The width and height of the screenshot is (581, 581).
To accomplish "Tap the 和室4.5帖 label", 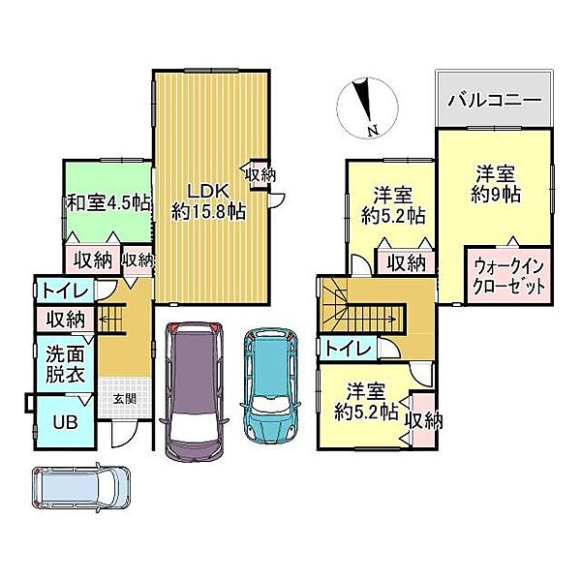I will tap(107, 203).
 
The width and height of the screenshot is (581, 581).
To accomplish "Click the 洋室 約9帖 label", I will tap(499, 184).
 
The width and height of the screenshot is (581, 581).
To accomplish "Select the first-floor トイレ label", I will tap(66, 290).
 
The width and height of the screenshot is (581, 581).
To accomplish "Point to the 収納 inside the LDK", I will tap(259, 175).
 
